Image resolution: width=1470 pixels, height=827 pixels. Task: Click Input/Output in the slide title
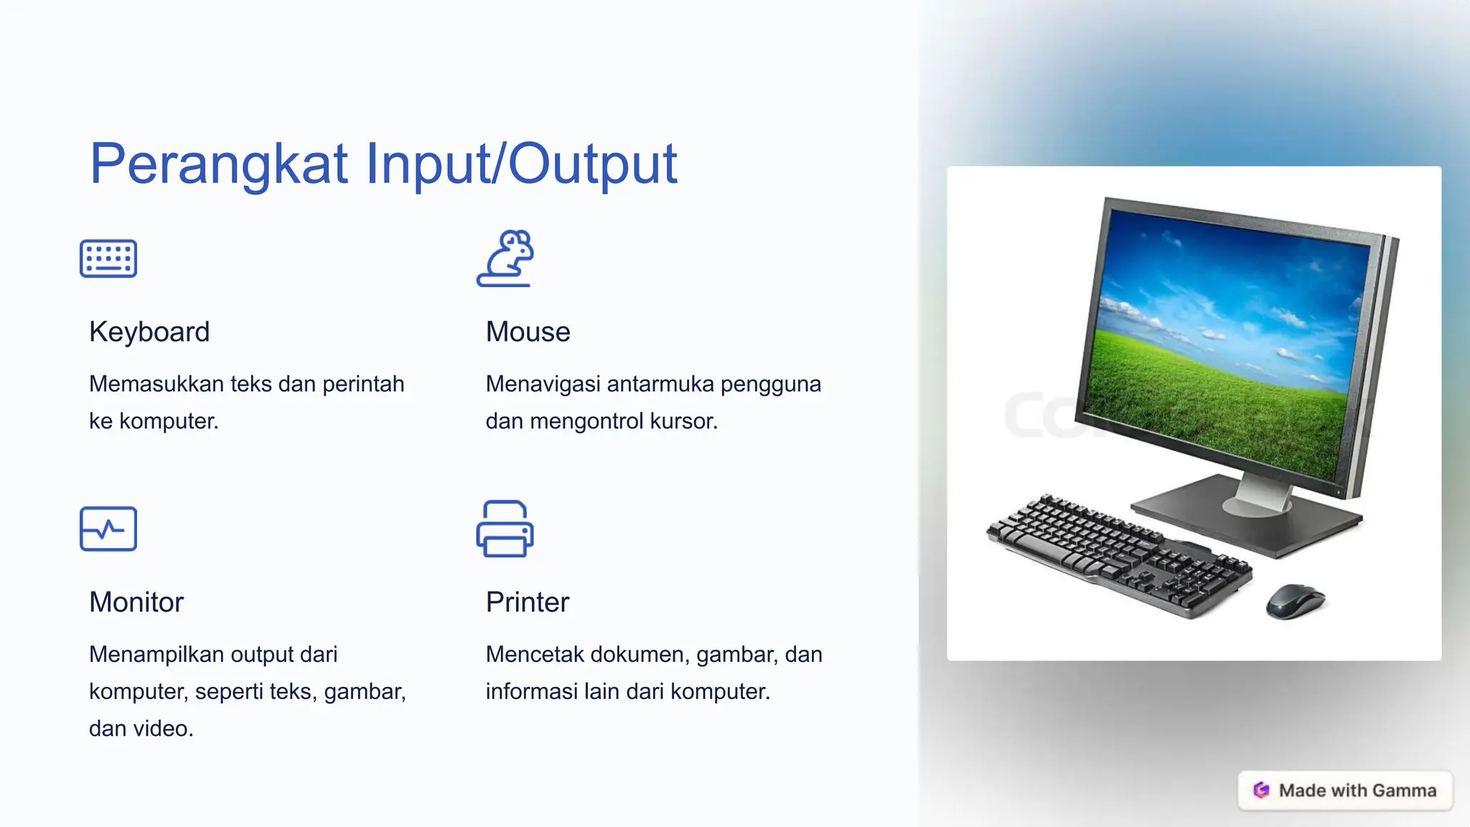(x=521, y=164)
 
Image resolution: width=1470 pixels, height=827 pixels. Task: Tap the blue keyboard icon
(x=108, y=258)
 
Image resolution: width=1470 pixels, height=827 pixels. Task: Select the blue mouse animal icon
(x=505, y=258)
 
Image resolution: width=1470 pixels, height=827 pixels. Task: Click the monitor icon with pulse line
(x=108, y=529)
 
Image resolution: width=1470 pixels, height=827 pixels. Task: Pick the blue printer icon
(x=505, y=529)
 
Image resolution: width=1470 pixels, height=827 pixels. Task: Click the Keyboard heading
(x=149, y=332)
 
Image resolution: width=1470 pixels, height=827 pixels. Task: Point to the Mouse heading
(x=528, y=332)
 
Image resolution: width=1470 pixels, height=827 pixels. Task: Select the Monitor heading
(x=136, y=602)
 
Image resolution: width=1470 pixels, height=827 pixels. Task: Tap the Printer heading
(x=527, y=602)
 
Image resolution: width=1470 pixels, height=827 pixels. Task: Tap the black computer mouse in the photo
(x=1295, y=601)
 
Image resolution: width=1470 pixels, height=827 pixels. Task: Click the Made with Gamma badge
(x=1344, y=790)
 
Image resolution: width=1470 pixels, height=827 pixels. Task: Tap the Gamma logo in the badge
(x=1261, y=790)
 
